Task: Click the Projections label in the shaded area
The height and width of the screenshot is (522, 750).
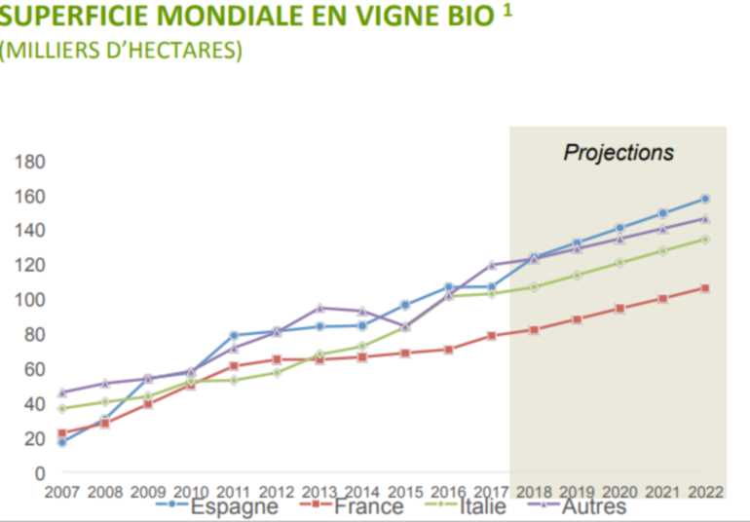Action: pos(619,153)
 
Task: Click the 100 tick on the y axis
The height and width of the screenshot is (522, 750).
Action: pos(32,300)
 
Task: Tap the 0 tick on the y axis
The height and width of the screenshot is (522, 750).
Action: pos(40,473)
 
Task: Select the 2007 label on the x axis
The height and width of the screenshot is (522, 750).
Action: pos(62,492)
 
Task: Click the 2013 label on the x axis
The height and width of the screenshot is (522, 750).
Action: pos(319,492)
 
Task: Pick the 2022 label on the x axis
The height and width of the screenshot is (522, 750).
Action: pos(704,492)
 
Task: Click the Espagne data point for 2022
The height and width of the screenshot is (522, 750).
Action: pos(704,199)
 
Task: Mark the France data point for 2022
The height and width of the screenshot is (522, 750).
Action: pos(704,288)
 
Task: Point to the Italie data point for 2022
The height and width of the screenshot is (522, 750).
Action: pos(704,239)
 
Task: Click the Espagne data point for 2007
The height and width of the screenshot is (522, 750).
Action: pos(62,442)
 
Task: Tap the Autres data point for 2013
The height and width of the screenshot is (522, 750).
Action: pos(319,308)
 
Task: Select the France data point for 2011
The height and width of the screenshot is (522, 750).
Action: pos(234,366)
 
